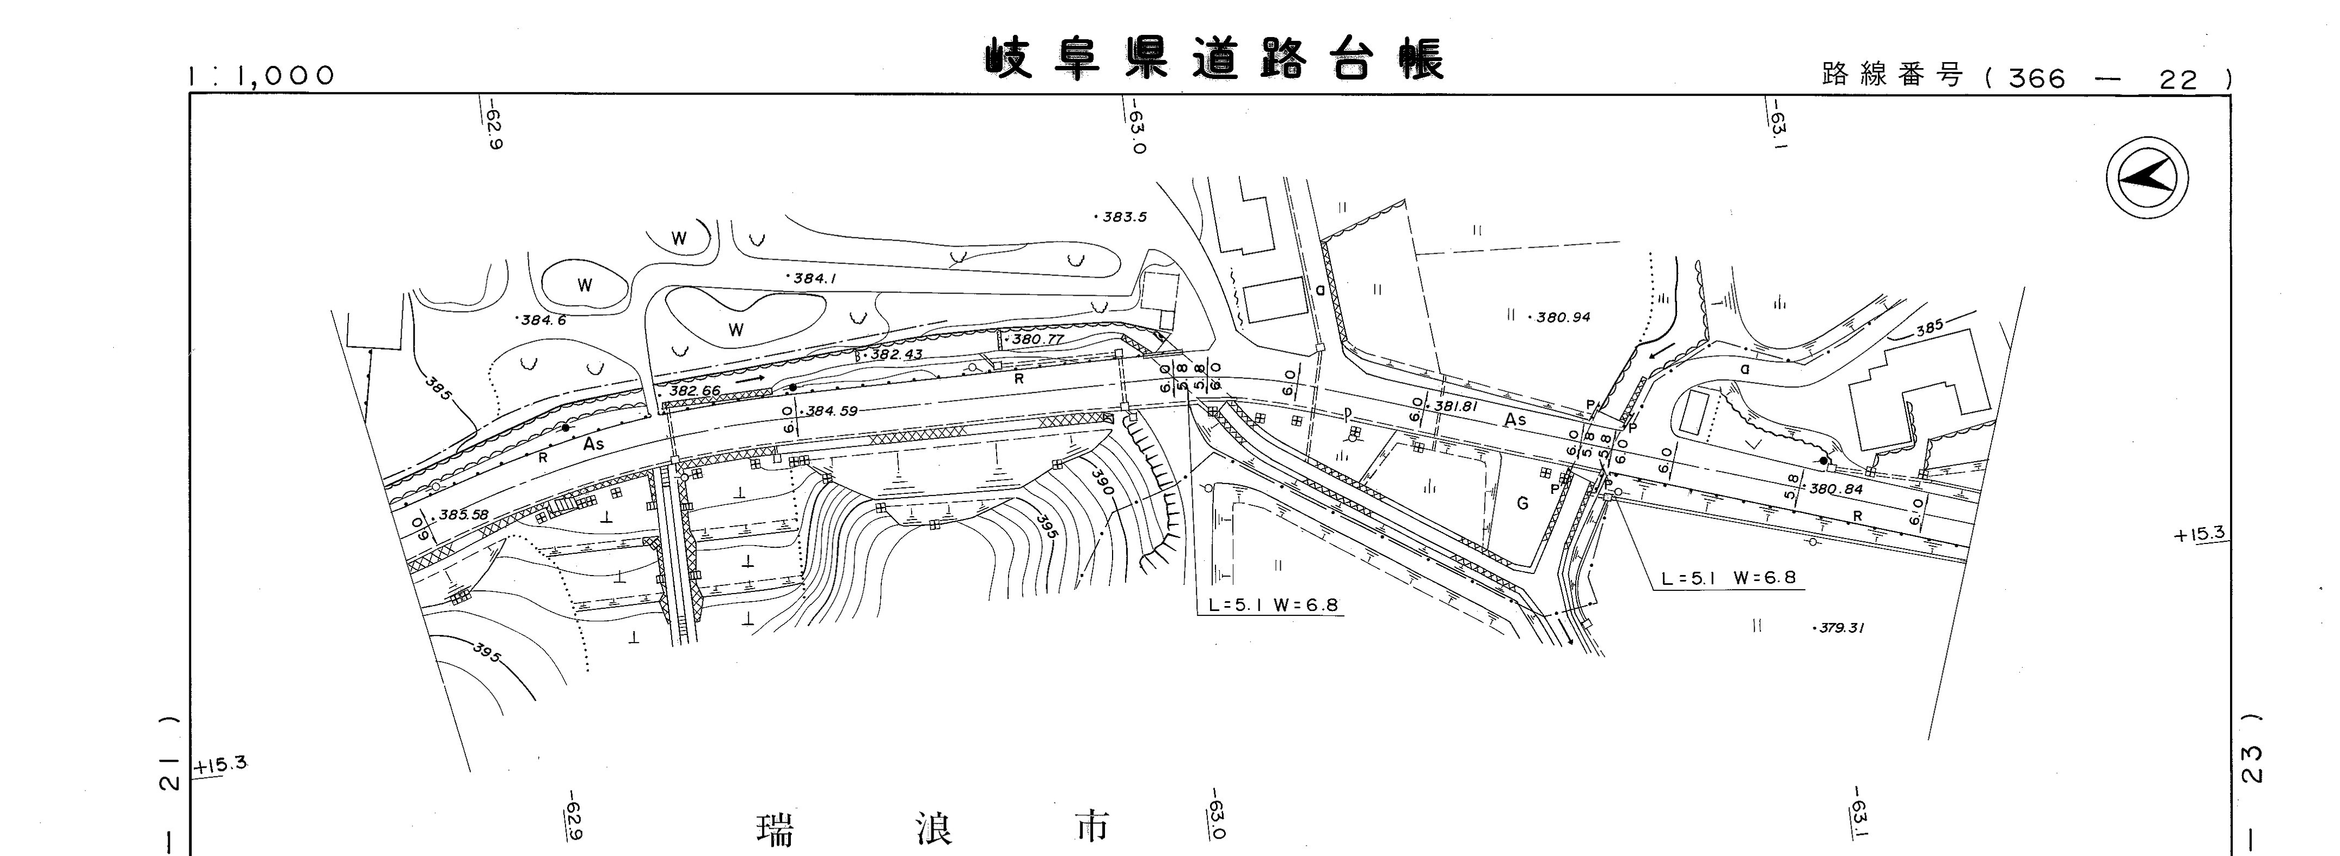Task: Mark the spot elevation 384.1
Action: click(x=815, y=278)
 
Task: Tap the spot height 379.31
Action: click(x=1840, y=628)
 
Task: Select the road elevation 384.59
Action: click(x=831, y=411)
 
